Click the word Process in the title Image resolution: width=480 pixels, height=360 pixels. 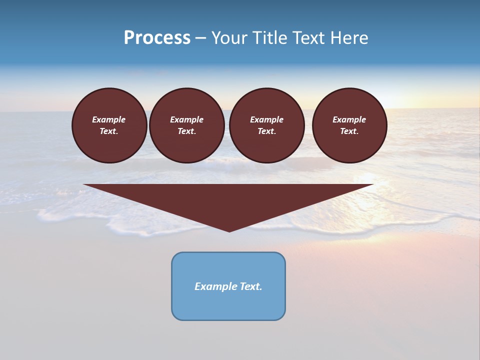[x=157, y=38]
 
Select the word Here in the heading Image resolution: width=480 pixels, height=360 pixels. [x=349, y=38]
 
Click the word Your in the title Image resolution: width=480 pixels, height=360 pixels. [x=229, y=38]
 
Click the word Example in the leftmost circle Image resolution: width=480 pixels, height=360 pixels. [x=109, y=119]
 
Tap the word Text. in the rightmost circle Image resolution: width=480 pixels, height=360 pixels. [x=349, y=131]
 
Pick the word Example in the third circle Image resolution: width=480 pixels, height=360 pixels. [x=266, y=119]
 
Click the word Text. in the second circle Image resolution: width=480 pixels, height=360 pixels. [x=186, y=131]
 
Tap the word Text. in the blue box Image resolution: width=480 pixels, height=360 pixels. [x=251, y=286]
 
